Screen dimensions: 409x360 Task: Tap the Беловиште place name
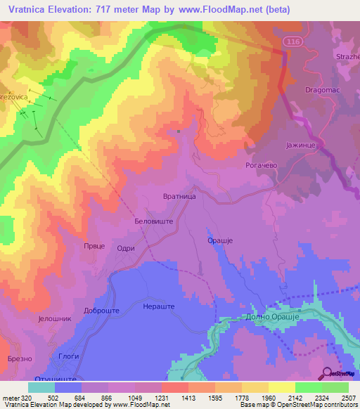click(x=154, y=220)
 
